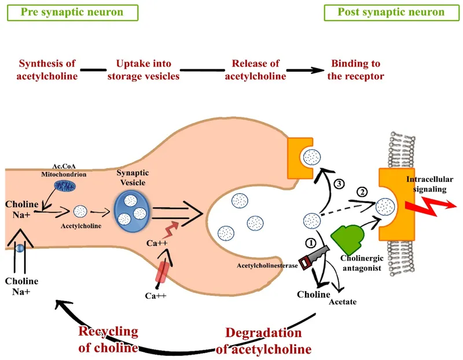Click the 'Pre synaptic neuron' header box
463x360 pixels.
point(71,12)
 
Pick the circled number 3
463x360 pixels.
point(340,185)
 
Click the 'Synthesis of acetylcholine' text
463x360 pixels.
point(48,70)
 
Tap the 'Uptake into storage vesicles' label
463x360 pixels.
point(147,70)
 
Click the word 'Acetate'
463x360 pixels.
point(343,302)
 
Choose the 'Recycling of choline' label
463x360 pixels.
point(108,340)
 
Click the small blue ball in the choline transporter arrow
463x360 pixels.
point(20,248)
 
